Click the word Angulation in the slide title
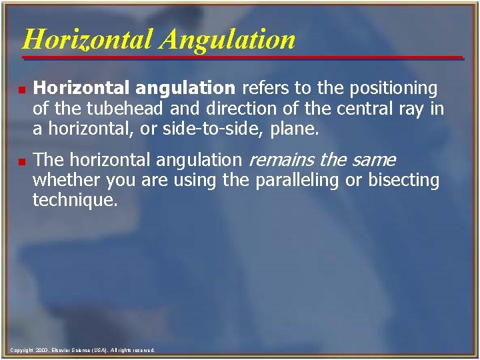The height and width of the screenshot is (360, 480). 227,39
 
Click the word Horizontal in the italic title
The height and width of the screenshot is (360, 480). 88,39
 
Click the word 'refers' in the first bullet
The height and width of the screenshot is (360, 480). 261,89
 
